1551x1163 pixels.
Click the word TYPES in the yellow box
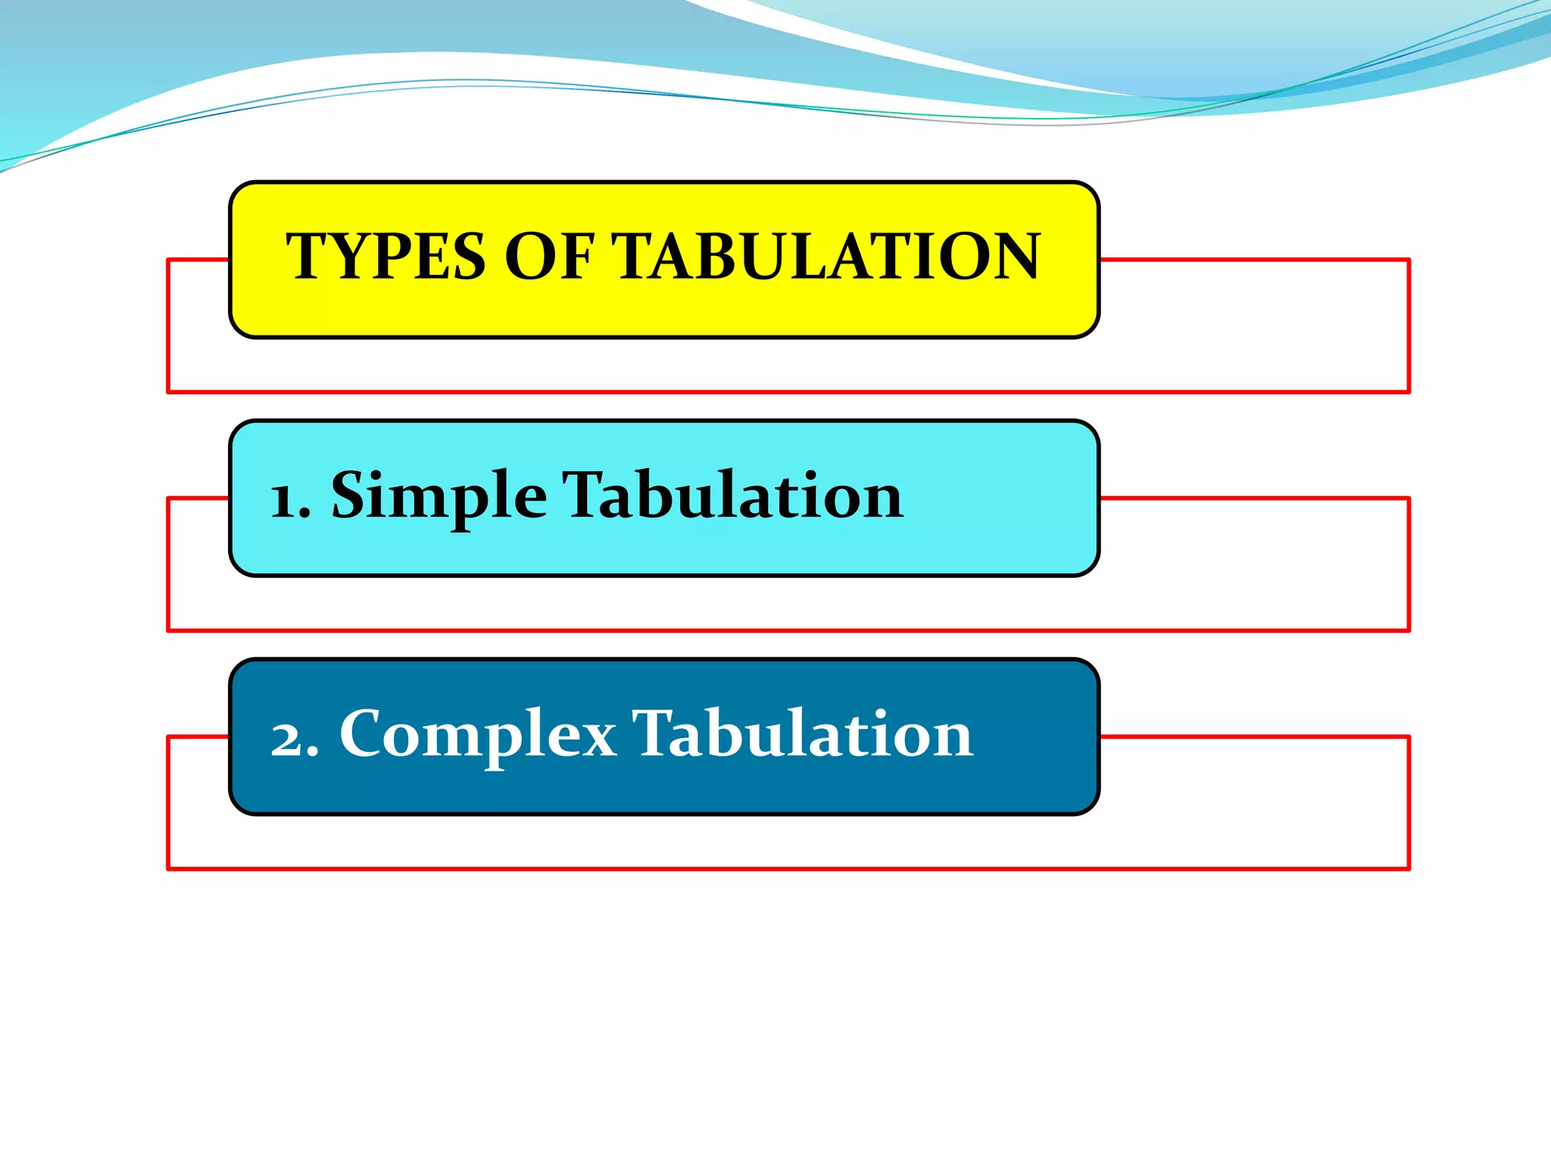(385, 257)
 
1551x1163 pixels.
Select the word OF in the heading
(549, 257)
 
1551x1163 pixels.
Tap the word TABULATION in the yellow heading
(826, 257)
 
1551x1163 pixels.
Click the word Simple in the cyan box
(439, 497)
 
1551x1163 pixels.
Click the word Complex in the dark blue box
(478, 734)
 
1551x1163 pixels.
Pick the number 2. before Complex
(295, 738)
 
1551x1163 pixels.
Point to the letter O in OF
(530, 257)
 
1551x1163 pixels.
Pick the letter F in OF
(575, 257)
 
